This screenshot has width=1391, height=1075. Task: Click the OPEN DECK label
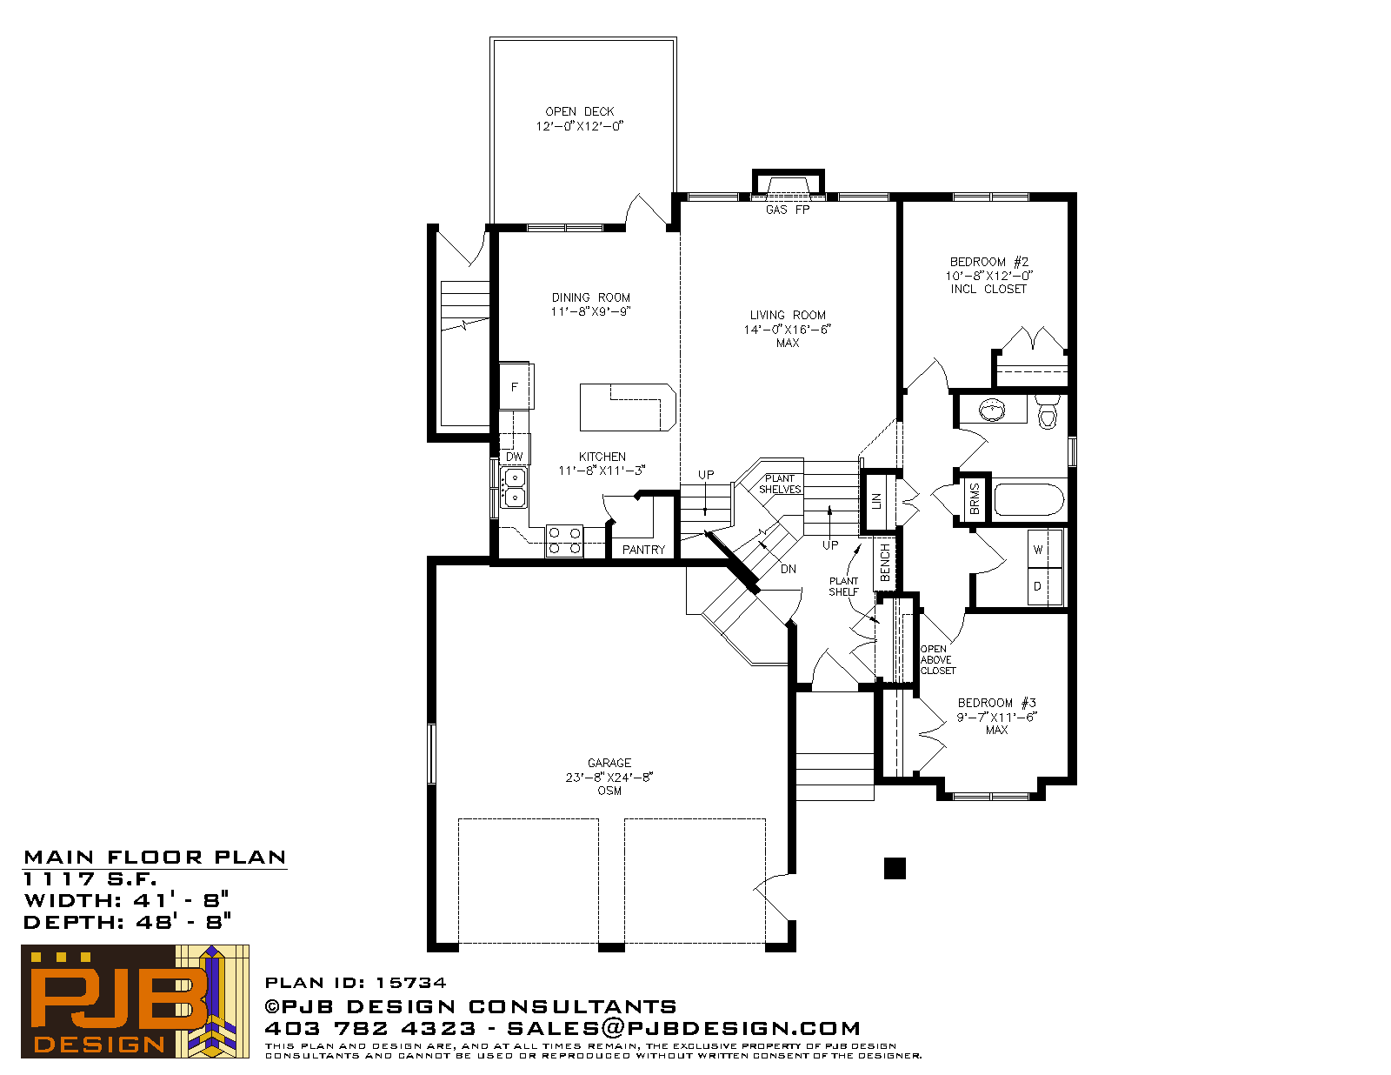click(x=579, y=111)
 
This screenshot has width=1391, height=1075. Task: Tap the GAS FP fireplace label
click(x=788, y=210)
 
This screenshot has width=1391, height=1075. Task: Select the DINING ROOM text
click(x=591, y=297)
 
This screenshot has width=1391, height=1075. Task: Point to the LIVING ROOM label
click(x=788, y=315)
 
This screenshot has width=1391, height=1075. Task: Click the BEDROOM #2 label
click(x=989, y=262)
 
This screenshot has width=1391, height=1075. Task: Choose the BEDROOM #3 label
click(x=996, y=703)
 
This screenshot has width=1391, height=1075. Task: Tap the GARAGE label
click(x=609, y=763)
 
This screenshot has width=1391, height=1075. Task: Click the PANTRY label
click(x=643, y=550)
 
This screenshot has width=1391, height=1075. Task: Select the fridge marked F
click(x=515, y=386)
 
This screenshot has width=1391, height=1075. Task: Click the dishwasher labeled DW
click(x=514, y=450)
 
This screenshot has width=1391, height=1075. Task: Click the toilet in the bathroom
click(x=1048, y=411)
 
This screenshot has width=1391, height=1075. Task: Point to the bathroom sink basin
click(x=992, y=410)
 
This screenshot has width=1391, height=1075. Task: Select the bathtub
click(x=1029, y=499)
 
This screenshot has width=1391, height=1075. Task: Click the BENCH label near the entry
click(x=885, y=563)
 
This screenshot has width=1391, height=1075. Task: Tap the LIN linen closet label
click(x=876, y=501)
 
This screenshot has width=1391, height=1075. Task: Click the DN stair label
click(x=788, y=569)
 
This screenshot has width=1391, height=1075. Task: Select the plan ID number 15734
click(x=411, y=983)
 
